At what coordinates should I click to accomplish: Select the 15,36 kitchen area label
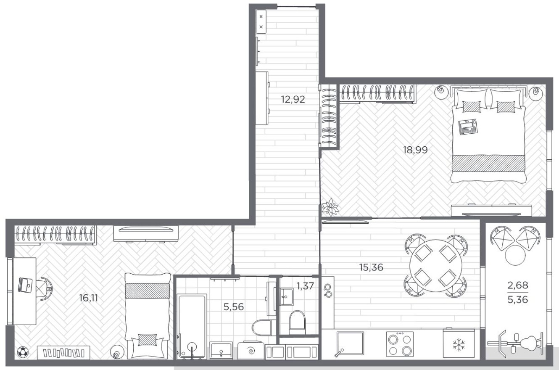pyautogui.click(x=371, y=267)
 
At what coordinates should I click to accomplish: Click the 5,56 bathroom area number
pyautogui.click(x=233, y=306)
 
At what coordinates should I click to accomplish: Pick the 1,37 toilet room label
pyautogui.click(x=306, y=286)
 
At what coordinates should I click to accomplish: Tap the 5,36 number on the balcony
pyautogui.click(x=517, y=300)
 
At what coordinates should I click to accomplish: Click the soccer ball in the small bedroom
pyautogui.click(x=22, y=351)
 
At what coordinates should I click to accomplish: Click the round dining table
pyautogui.click(x=435, y=265)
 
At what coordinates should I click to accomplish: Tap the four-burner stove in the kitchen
pyautogui.click(x=400, y=344)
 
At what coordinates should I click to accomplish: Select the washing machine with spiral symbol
pyautogui.click(x=251, y=350)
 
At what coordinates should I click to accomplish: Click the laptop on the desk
pyautogui.click(x=26, y=284)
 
